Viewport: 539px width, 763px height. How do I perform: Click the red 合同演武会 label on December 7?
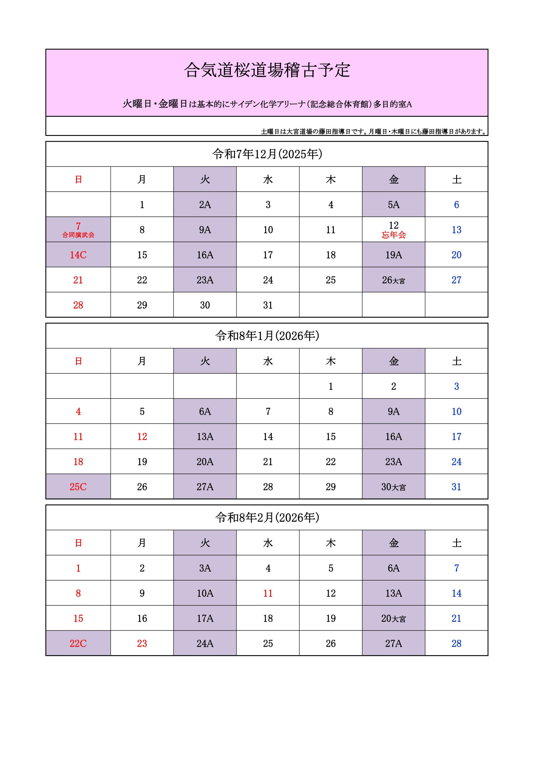[78, 235]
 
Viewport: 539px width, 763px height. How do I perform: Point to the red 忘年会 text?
[394, 235]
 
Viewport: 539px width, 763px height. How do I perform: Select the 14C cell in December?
[78, 255]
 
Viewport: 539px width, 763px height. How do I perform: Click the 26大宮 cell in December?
[394, 280]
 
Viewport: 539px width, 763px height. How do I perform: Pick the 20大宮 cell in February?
[394, 618]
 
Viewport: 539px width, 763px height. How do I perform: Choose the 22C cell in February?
[78, 643]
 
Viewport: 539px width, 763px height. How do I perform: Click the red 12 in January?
[142, 437]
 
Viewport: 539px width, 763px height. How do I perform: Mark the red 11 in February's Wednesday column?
[268, 593]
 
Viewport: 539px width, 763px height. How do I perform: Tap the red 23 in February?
[142, 643]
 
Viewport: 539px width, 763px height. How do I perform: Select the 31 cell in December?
[268, 305]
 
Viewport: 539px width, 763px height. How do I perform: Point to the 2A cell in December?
[205, 205]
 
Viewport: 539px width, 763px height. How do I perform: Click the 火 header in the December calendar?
[205, 179]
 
